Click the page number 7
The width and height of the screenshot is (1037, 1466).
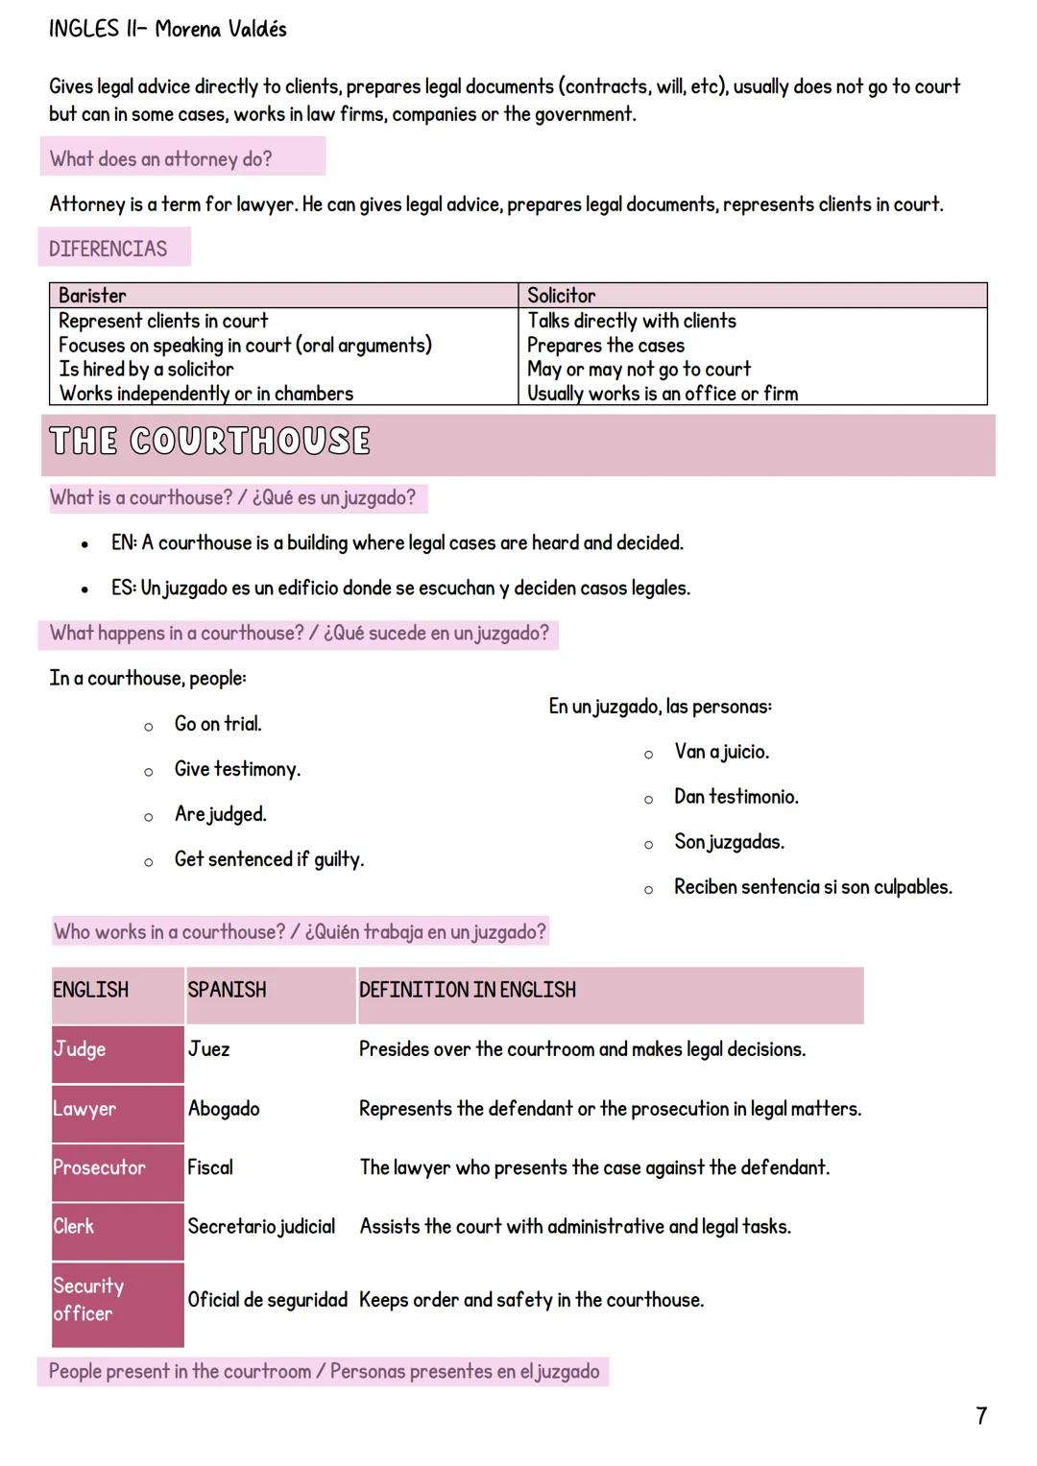point(980,1415)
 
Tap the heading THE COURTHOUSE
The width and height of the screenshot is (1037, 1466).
point(210,442)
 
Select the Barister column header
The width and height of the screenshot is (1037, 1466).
point(92,296)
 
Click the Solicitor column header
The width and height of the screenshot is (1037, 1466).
point(561,296)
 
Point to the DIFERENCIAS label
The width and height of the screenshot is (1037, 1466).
point(109,249)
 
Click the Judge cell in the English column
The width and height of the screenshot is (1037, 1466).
point(80,1049)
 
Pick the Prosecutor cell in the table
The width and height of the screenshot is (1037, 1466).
point(100,1167)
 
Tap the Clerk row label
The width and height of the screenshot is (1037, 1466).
point(74,1226)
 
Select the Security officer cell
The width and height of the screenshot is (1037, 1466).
point(88,1299)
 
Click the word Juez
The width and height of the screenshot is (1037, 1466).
point(209,1049)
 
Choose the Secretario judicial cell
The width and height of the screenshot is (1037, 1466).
point(261,1226)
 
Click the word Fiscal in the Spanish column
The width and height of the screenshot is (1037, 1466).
point(210,1167)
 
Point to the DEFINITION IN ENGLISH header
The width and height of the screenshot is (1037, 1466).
point(468,990)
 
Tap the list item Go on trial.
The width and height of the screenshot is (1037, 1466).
point(218,724)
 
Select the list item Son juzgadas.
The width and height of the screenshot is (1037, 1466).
point(729,842)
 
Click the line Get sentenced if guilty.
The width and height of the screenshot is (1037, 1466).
point(269,859)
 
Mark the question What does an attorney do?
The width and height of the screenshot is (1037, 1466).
point(160,159)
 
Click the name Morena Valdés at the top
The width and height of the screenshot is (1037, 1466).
point(221,29)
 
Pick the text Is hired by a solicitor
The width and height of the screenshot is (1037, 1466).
point(146,369)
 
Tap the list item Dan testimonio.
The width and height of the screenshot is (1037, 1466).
point(736,797)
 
